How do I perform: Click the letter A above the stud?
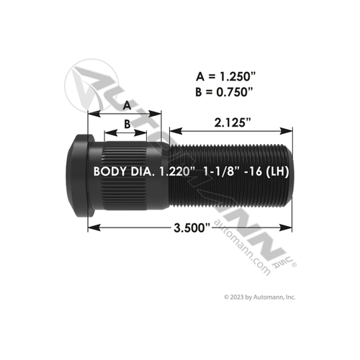point(126,104)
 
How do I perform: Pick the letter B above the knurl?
point(127,123)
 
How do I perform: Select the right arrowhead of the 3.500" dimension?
point(290,229)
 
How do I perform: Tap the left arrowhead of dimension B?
point(108,133)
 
